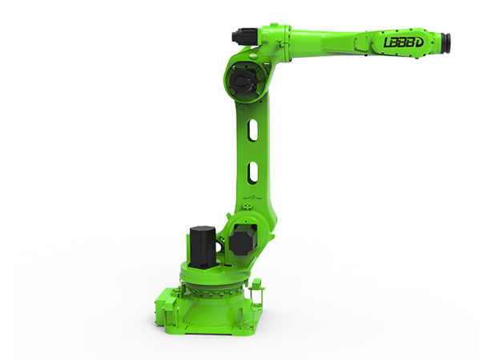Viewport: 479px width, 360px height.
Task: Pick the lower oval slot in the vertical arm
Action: (253, 171)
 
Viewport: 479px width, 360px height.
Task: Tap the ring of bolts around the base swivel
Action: (210, 285)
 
